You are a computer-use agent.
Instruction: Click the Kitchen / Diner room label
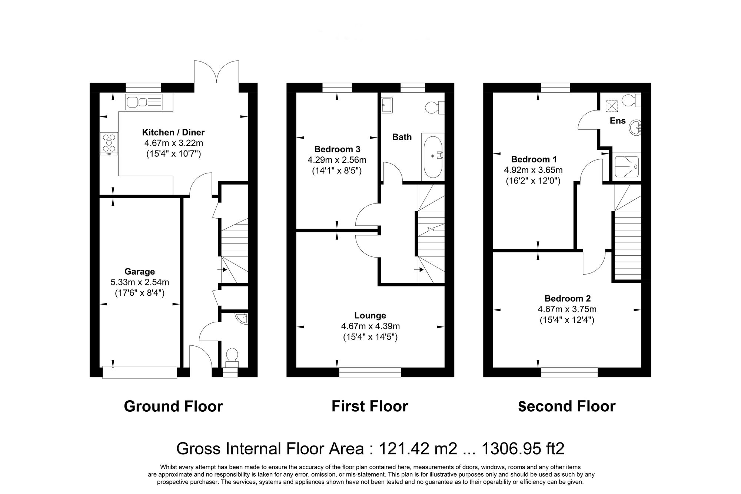click(173, 132)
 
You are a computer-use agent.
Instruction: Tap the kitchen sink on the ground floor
click(144, 102)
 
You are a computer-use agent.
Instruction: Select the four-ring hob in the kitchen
click(109, 143)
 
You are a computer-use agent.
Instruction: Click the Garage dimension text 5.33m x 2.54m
click(140, 282)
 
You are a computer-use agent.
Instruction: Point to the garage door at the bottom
click(140, 372)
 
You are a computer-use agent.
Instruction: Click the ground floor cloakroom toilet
click(232, 356)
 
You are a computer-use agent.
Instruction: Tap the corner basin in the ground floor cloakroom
click(242, 318)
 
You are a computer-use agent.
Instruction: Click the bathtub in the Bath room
click(433, 157)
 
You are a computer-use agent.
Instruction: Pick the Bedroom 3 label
click(337, 149)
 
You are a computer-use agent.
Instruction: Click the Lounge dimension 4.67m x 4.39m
click(370, 326)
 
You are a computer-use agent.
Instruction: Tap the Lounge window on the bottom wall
click(370, 372)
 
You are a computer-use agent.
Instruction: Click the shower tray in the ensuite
click(627, 166)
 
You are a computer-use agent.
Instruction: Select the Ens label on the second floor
click(617, 121)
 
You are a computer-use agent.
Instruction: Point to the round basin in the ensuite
click(635, 127)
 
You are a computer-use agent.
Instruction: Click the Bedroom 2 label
click(567, 298)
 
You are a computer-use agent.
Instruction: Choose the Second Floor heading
click(566, 406)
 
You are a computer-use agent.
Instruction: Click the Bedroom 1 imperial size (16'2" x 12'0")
click(533, 181)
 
